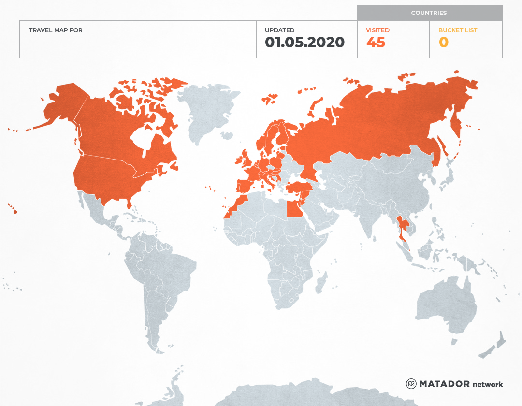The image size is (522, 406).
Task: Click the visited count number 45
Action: pyautogui.click(x=376, y=43)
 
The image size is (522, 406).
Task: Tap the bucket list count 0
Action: pyautogui.click(x=443, y=43)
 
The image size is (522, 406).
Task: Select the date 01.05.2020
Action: pyautogui.click(x=304, y=43)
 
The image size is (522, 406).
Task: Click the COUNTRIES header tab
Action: pyautogui.click(x=429, y=13)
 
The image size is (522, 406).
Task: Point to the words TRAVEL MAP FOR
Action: pyautogui.click(x=56, y=30)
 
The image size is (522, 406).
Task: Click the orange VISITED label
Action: pyautogui.click(x=377, y=30)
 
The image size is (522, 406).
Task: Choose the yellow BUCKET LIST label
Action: pyautogui.click(x=457, y=30)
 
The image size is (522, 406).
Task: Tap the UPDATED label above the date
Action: pyautogui.click(x=279, y=30)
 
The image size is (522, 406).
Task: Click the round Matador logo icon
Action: pyautogui.click(x=411, y=384)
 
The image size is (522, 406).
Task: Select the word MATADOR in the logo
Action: pyautogui.click(x=444, y=384)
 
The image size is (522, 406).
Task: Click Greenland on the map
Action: pyautogui.click(x=208, y=111)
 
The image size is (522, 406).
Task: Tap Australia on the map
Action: pyautogui.click(x=445, y=304)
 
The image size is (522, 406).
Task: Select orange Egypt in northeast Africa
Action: pyautogui.click(x=294, y=209)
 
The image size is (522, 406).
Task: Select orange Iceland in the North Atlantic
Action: pyautogui.click(x=269, y=99)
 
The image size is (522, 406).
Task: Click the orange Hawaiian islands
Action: pyautogui.click(x=14, y=210)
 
